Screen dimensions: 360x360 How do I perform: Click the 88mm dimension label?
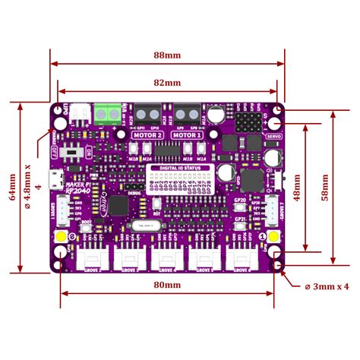point(167,55)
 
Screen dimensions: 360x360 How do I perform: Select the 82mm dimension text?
point(167,82)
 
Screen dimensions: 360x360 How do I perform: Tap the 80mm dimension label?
point(167,285)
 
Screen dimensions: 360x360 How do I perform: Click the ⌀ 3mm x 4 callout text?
point(325,286)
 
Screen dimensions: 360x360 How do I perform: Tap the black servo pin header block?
point(248,122)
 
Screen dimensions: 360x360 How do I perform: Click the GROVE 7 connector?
point(273,207)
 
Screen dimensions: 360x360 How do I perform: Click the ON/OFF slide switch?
point(74,151)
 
